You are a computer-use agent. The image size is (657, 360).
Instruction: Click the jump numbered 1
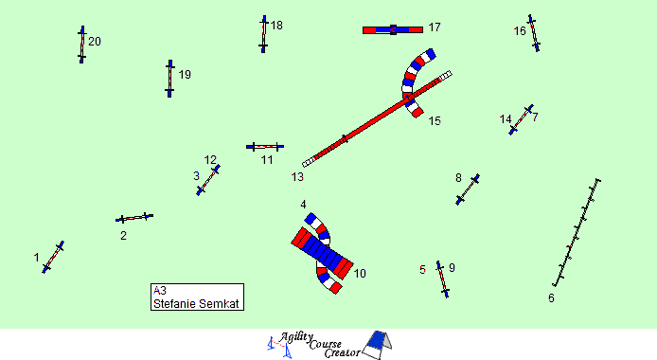(53, 257)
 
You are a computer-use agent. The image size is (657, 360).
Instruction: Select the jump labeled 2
(134, 218)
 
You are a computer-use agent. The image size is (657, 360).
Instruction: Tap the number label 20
(95, 42)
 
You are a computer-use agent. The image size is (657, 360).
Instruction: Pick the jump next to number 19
(169, 79)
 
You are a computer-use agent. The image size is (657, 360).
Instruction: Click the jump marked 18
(263, 34)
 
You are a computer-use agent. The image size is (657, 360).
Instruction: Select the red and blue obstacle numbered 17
(393, 29)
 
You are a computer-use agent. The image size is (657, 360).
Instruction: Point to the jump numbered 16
(533, 33)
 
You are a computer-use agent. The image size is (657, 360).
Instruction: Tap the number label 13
(297, 177)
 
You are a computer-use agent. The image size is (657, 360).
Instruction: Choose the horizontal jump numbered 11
(265, 146)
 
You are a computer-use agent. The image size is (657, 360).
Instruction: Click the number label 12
(210, 160)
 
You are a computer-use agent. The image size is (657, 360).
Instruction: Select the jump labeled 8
(468, 189)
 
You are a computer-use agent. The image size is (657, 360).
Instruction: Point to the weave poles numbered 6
(577, 233)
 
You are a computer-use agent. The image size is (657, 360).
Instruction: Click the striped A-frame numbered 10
(322, 253)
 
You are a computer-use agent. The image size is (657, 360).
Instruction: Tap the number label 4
(303, 205)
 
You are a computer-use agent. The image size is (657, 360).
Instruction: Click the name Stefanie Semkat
(196, 303)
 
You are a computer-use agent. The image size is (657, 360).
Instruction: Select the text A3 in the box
(160, 291)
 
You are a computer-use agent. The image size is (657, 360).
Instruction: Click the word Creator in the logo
(343, 352)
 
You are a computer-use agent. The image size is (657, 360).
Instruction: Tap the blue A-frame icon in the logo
(377, 345)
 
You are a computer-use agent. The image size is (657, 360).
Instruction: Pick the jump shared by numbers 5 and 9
(442, 279)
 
